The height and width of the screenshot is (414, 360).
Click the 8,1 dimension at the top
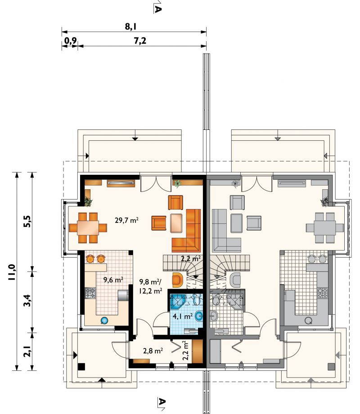point(130,27)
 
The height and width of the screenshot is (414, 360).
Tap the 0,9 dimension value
point(70,40)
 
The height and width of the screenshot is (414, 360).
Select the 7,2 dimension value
point(140,40)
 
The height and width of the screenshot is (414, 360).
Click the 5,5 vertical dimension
point(27,221)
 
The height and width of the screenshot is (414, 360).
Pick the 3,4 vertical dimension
point(27,300)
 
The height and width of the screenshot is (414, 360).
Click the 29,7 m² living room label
point(126,220)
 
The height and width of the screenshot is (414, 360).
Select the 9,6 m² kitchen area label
point(113,280)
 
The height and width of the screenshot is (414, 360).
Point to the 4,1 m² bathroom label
point(182,316)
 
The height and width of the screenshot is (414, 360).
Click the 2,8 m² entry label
point(153,351)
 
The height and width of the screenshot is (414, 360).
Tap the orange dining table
point(88,227)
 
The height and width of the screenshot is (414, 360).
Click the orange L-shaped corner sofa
point(187,231)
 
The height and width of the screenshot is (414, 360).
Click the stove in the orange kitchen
point(90,293)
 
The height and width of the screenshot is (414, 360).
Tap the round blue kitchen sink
point(104,321)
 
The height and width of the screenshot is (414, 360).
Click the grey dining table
point(325,227)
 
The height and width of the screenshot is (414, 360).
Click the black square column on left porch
point(81,367)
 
